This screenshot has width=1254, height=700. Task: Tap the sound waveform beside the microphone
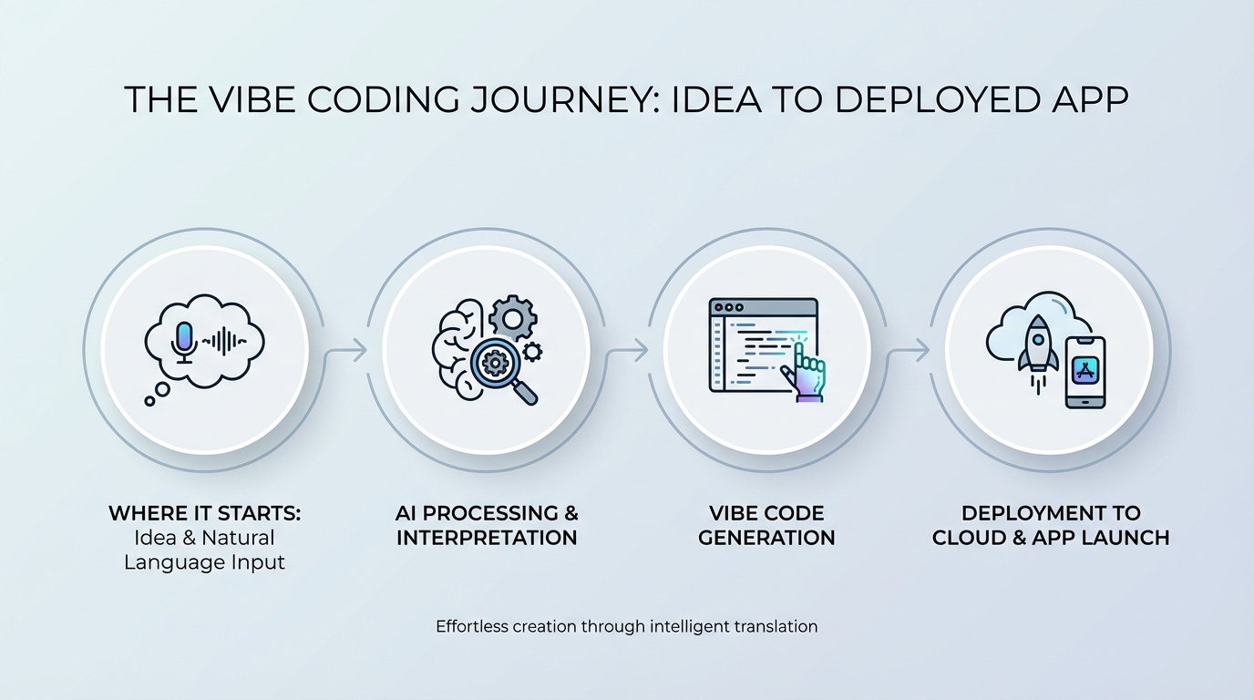(224, 342)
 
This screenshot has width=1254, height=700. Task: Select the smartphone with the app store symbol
(1084, 372)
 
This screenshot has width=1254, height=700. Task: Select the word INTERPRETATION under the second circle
(487, 538)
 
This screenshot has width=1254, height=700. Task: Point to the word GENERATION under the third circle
(766, 538)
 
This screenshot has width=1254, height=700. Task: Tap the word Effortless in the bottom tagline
(471, 626)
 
